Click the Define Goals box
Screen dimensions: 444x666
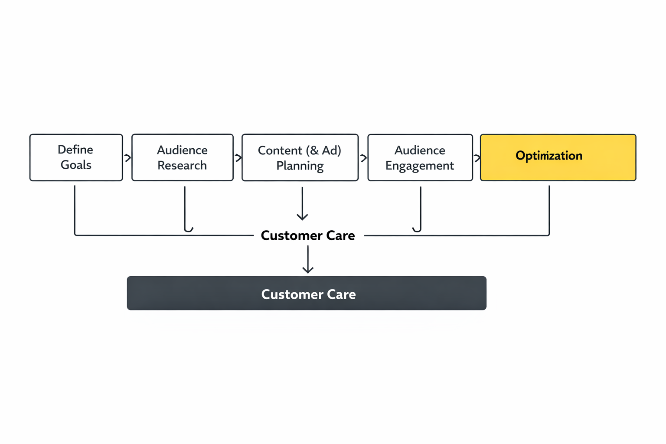tap(76, 157)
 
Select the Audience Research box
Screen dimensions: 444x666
tap(182, 157)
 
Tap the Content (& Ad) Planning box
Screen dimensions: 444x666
tap(300, 157)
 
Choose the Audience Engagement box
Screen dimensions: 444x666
tap(420, 157)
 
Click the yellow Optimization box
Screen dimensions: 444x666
tap(558, 157)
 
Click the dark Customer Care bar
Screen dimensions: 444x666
tap(307, 293)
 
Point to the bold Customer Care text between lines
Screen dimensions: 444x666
tap(308, 235)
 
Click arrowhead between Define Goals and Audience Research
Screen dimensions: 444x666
tap(128, 158)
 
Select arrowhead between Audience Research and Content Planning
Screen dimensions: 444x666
tap(238, 158)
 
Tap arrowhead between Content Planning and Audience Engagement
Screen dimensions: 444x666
tap(363, 158)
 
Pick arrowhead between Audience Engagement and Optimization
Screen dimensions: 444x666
tap(477, 158)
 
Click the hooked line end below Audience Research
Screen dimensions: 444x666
tap(189, 229)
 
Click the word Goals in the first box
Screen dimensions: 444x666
tap(76, 165)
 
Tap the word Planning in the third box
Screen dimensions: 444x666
tap(300, 166)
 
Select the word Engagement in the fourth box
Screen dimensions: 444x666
tap(419, 166)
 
